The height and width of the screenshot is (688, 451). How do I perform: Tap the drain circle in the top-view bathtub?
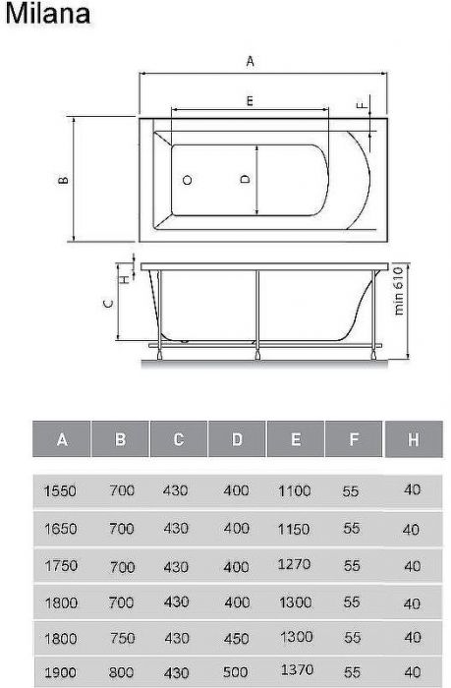tap(188, 181)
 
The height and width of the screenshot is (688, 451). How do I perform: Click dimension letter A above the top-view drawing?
tap(251, 61)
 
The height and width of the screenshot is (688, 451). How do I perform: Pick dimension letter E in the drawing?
tap(251, 101)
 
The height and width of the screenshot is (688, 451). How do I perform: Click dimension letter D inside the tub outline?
tap(245, 179)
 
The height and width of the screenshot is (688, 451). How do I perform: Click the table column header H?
tap(412, 439)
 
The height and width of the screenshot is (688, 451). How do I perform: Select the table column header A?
tap(62, 440)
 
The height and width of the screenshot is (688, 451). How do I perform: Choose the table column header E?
tap(295, 440)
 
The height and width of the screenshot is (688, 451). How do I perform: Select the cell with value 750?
tap(122, 638)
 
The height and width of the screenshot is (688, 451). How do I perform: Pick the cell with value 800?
tap(122, 675)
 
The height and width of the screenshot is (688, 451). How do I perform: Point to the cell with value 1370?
tap(295, 674)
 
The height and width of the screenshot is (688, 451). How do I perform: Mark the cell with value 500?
tap(236, 675)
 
